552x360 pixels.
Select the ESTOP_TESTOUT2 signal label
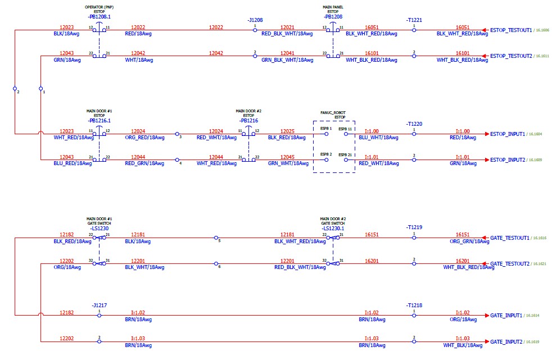click(x=510, y=56)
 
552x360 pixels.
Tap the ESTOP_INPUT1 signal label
click(x=507, y=134)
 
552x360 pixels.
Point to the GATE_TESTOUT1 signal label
click(x=509, y=238)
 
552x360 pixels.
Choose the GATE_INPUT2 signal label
click(x=506, y=341)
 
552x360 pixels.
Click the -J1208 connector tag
click(x=255, y=20)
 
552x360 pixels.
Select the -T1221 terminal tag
click(x=414, y=20)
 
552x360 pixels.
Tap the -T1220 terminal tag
click(x=414, y=124)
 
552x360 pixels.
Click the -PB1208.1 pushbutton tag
click(x=99, y=17)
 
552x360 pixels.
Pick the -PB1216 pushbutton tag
click(x=248, y=120)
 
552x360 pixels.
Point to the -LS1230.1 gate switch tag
click(x=333, y=228)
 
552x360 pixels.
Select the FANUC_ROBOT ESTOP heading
click(x=334, y=115)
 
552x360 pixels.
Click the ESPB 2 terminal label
click(x=326, y=154)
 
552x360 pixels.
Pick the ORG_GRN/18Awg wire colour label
click(x=463, y=241)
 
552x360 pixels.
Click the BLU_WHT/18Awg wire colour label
click(x=378, y=138)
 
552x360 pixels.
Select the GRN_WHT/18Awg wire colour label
click(x=288, y=163)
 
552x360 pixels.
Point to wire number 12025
click(x=287, y=131)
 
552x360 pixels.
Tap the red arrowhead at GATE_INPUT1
click(x=486, y=316)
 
